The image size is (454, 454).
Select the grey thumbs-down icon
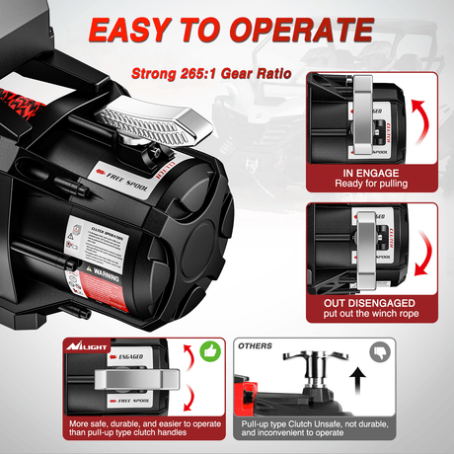380,351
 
